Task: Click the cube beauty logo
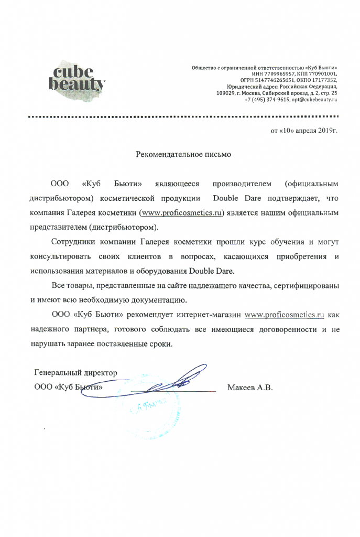click(x=78, y=78)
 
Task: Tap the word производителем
click(x=242, y=184)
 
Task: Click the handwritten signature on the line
click(x=170, y=382)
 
